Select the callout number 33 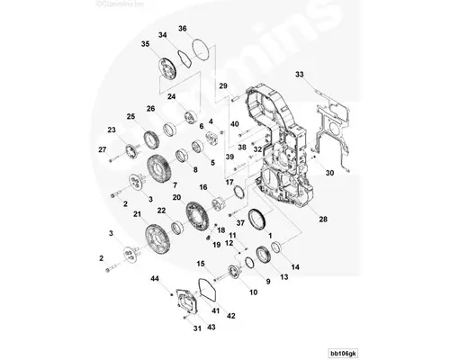click(300, 73)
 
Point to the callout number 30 click(329, 172)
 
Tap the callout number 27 click(102, 148)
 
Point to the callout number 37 click(240, 221)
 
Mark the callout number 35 click(145, 43)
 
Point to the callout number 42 click(231, 316)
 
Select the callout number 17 click(229, 183)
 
